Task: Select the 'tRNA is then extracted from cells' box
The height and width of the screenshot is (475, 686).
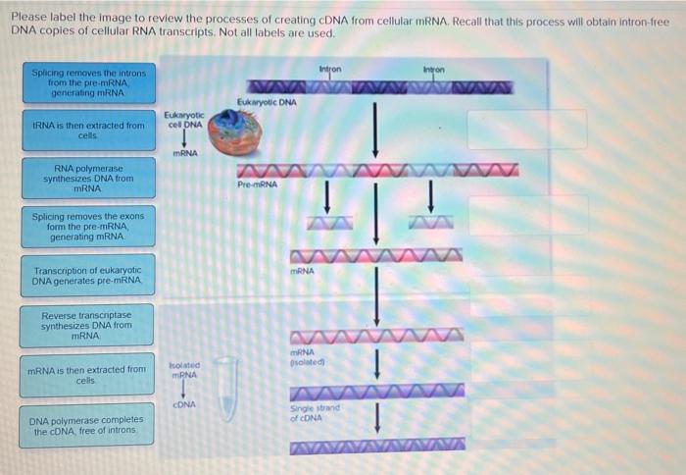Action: (88, 131)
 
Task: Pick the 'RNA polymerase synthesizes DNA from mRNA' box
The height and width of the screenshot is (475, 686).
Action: (88, 178)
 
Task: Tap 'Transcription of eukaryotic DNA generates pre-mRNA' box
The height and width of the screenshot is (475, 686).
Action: (88, 275)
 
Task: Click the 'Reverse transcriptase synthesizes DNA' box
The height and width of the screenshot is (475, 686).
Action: (88, 325)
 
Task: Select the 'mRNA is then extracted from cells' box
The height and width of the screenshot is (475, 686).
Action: (88, 374)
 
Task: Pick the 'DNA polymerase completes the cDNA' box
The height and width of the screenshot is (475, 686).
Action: (88, 425)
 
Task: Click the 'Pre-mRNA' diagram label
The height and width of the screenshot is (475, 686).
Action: (257, 184)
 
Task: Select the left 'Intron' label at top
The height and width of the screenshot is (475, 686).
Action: (330, 69)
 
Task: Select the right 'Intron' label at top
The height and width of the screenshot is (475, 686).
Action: (435, 69)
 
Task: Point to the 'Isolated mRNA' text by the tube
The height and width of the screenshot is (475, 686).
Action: (184, 369)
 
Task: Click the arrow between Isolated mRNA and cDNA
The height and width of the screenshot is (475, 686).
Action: (184, 390)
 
